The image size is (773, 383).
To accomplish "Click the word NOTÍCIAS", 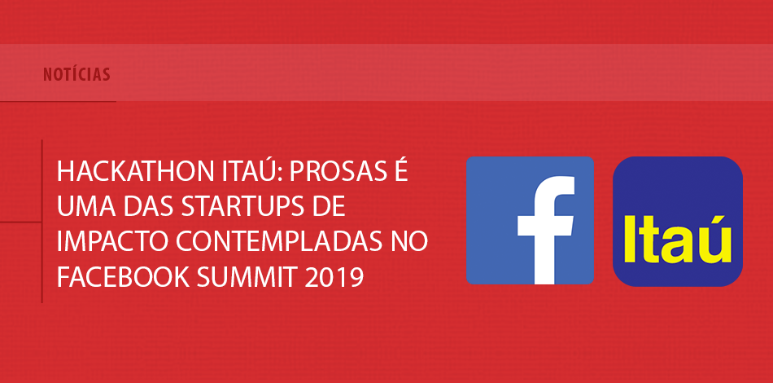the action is pyautogui.click(x=76, y=74).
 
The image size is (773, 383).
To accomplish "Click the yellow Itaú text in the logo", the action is pyautogui.click(x=677, y=239).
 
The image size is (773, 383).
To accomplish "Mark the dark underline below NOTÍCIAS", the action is pyautogui.click(x=58, y=101).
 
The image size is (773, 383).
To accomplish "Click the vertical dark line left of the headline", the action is pyautogui.click(x=41, y=221).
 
